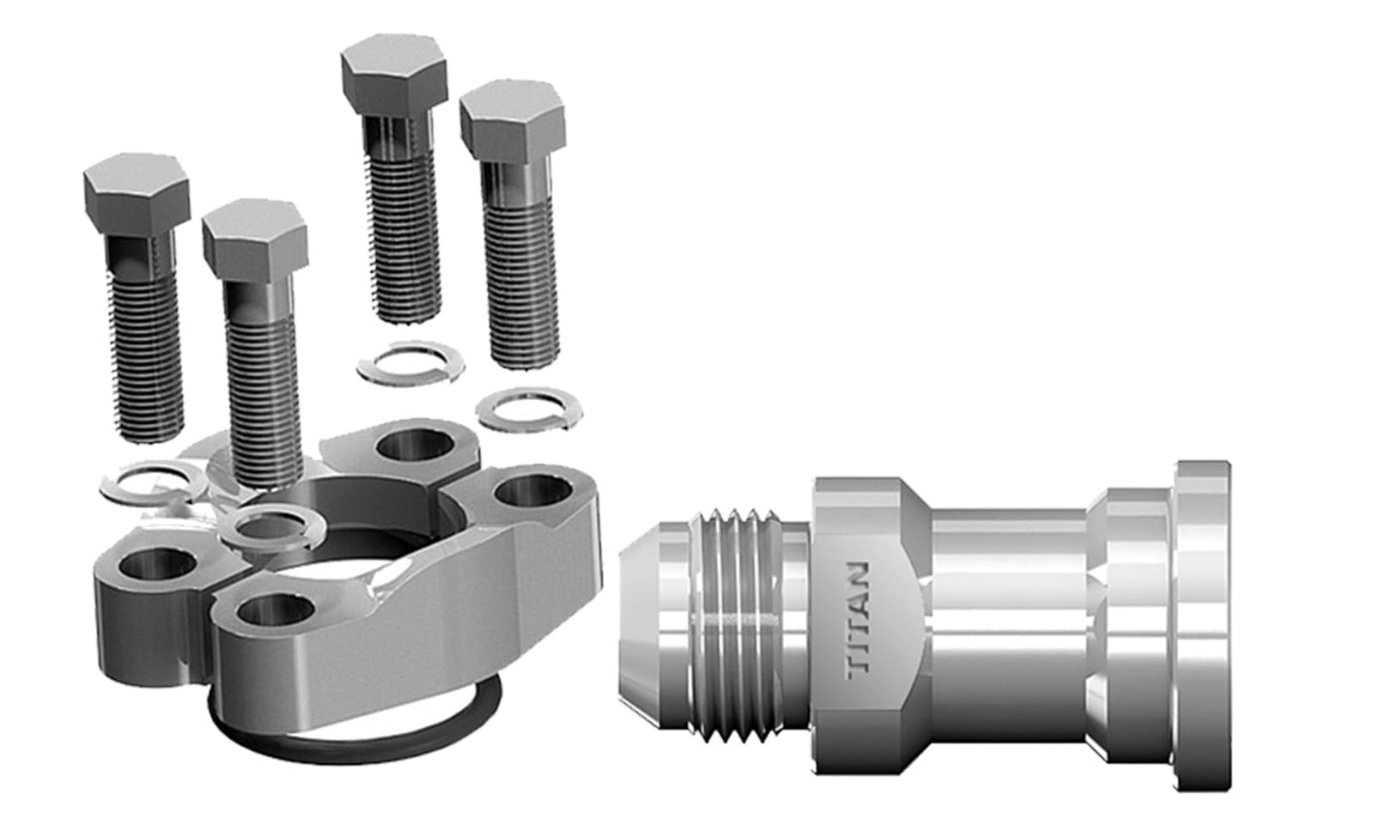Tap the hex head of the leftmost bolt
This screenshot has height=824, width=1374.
coord(137,194)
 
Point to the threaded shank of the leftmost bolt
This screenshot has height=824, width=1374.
coord(148,360)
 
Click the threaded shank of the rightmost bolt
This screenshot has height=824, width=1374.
coord(524,292)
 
